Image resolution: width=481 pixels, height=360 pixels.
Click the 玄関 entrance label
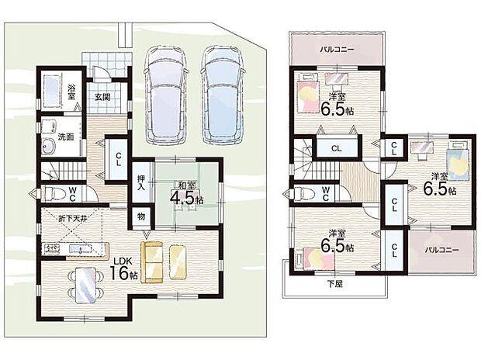[102, 97]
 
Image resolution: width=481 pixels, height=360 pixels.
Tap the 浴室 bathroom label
[71, 92]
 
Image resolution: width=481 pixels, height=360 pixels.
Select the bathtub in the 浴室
[51, 91]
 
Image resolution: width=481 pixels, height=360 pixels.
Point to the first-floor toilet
[54, 194]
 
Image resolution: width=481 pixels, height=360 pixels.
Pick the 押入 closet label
[140, 182]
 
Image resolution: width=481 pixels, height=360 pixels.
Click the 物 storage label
[140, 216]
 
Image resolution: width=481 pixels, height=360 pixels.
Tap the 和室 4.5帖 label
[187, 193]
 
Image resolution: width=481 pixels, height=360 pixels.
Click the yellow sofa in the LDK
[151, 262]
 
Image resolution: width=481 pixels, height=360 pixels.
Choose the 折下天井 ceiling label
[74, 219]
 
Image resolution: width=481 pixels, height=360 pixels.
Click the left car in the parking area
[166, 95]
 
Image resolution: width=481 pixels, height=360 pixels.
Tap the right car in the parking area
[223, 95]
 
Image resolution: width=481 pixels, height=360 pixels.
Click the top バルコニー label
[337, 50]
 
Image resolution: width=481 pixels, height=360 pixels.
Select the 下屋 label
[334, 284]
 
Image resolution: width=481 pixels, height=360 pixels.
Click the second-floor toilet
[304, 194]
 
